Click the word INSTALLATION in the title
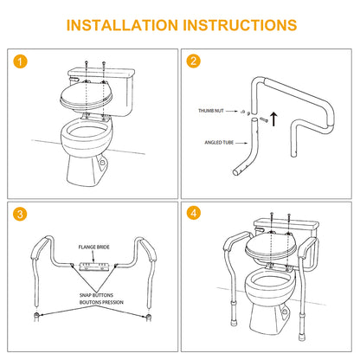[122, 25]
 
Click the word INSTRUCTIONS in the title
[240, 25]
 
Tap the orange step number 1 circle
[20, 61]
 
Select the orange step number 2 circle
[193, 61]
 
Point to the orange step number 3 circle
[20, 214]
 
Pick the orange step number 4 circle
[193, 213]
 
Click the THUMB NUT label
[211, 111]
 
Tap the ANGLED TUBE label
[219, 143]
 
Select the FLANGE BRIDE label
[94, 247]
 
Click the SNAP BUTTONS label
[96, 295]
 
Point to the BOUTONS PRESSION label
[101, 302]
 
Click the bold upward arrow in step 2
[273, 119]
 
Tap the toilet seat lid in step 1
[87, 94]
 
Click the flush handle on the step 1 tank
[74, 79]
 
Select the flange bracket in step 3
[94, 267]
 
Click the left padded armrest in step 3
[39, 247]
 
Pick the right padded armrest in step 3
[148, 249]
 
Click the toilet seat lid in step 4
[270, 245]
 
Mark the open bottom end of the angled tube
[235, 173]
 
